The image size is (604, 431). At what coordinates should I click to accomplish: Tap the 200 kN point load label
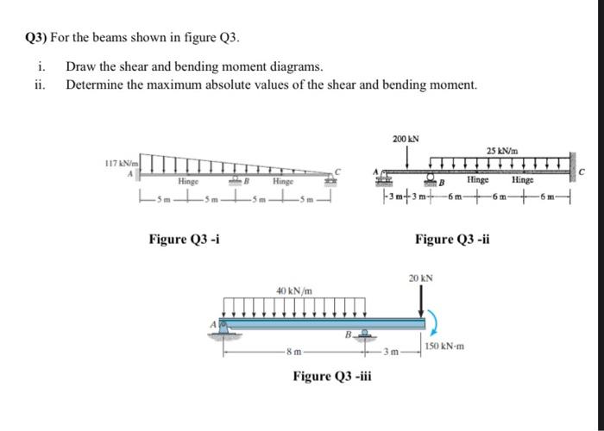405,139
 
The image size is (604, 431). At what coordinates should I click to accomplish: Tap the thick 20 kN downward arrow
421,302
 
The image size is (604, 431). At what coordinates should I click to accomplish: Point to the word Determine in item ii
95,84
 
